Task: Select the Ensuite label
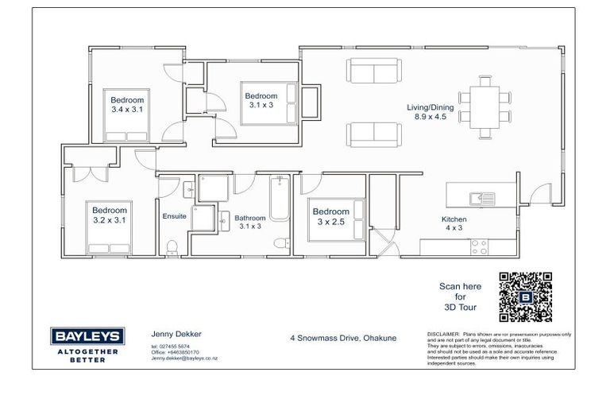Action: [174, 216]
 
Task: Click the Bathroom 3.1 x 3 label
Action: [251, 221]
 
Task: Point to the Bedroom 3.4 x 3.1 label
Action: [127, 104]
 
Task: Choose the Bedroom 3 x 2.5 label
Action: [330, 216]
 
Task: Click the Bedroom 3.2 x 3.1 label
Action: [110, 216]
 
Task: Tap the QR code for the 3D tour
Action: [524, 297]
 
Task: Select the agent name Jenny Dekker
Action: [169, 335]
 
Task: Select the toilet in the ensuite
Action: [173, 245]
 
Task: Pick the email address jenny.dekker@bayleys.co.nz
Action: [184, 359]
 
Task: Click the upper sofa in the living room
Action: [373, 72]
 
